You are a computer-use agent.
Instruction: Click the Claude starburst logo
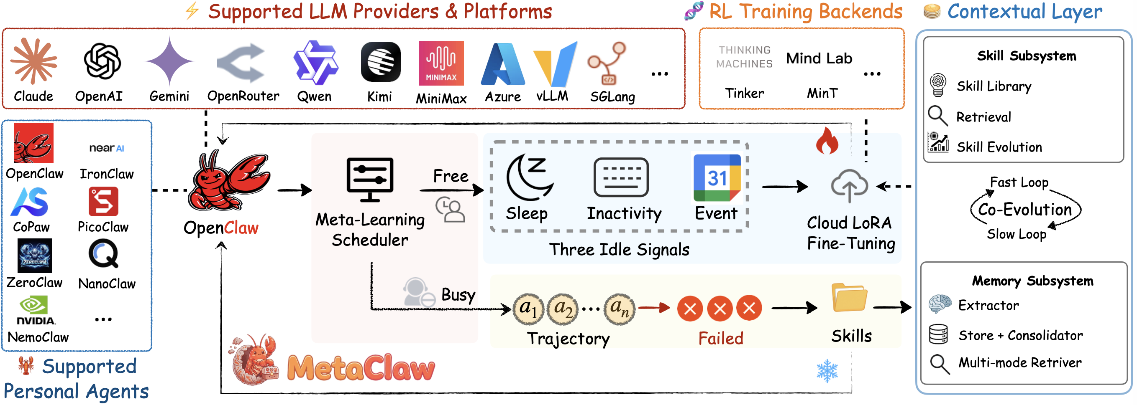click(33, 61)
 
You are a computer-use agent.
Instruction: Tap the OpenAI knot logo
click(102, 61)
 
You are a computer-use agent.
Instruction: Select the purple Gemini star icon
click(169, 61)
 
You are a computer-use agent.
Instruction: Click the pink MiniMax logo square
click(440, 63)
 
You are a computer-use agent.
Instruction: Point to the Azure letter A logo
click(503, 64)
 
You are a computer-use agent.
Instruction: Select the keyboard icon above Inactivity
click(621, 177)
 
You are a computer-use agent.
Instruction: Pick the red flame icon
click(826, 141)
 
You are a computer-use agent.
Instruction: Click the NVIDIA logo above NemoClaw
click(35, 311)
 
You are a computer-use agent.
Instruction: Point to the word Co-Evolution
click(1024, 209)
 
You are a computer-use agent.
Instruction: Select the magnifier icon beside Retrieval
click(937, 116)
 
